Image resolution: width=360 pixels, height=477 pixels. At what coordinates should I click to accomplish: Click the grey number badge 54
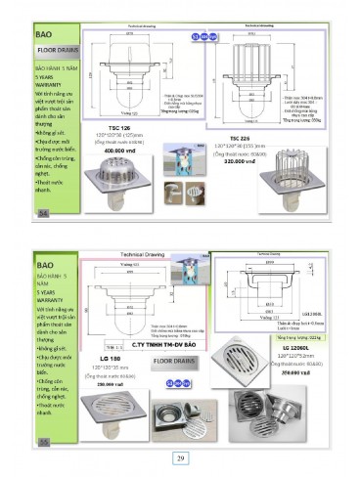click(x=42, y=211)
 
